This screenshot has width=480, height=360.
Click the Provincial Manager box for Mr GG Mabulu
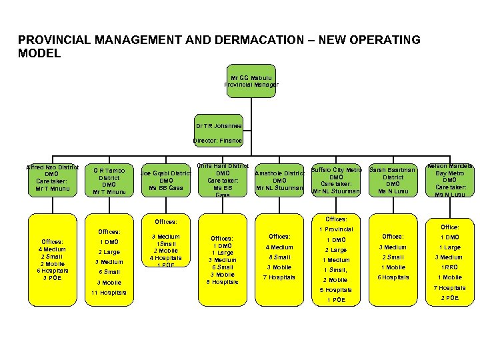coord(251,82)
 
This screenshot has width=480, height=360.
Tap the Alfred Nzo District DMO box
coord(52,178)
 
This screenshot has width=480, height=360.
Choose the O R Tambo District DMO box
coord(109,181)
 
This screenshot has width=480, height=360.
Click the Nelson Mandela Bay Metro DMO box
coord(450,178)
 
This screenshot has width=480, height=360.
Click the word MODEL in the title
coord(39,53)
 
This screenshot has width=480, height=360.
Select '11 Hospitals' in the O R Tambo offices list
coord(109,293)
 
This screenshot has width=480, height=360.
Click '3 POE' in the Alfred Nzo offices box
coord(52,278)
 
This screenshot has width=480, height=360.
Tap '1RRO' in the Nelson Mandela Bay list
coord(449,267)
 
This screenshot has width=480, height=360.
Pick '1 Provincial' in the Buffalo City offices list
coord(335,229)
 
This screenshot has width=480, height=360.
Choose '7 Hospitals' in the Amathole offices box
coord(279,277)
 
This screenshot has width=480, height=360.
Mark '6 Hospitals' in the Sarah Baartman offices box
coord(393,277)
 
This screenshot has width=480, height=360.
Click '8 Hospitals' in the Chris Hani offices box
coord(223,282)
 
